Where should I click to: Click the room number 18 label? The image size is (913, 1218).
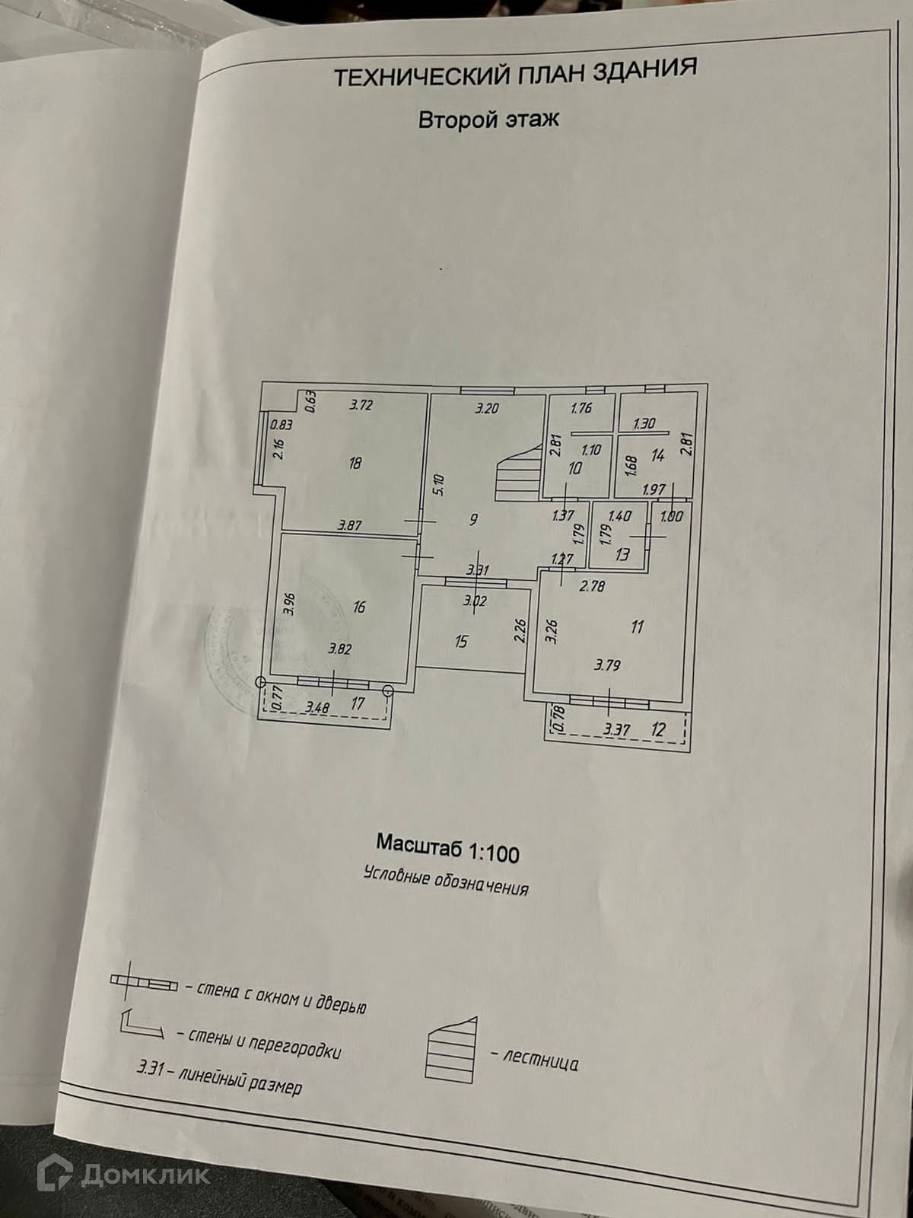(x=355, y=462)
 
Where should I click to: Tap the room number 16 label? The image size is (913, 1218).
(x=360, y=607)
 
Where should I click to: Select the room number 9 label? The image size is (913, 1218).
(x=473, y=520)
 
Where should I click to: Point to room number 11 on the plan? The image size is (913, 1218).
(x=638, y=627)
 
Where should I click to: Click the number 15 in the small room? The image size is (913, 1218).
(x=461, y=642)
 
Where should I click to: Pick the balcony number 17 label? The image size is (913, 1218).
(x=358, y=704)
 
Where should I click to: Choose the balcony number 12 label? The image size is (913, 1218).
(x=658, y=729)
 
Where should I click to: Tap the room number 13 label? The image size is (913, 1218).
(x=622, y=553)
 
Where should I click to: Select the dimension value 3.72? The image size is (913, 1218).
(x=362, y=405)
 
